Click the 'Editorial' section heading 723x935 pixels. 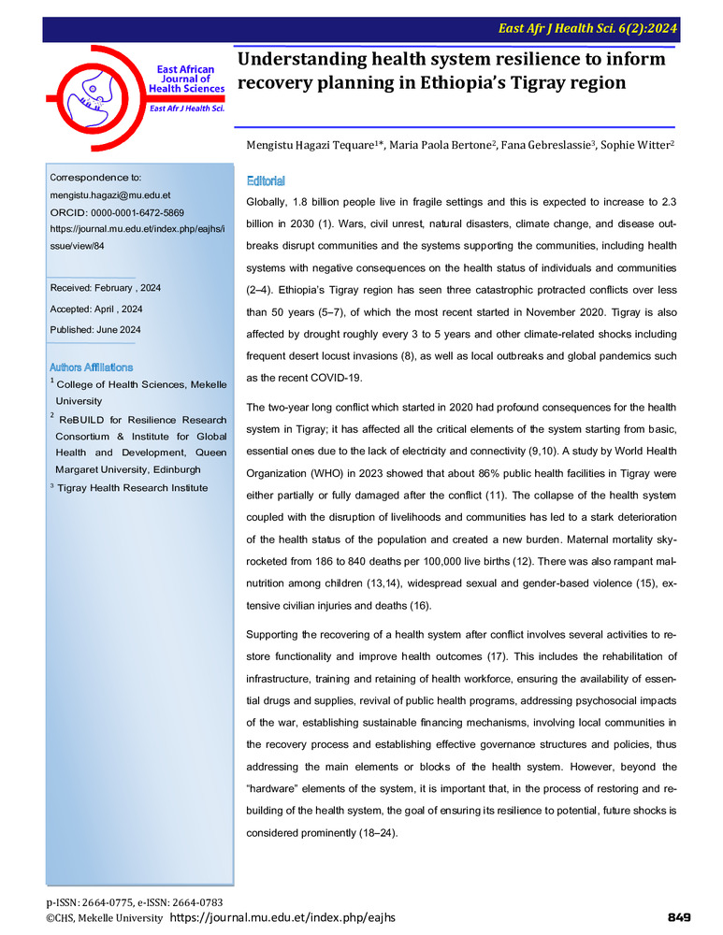coord(266,180)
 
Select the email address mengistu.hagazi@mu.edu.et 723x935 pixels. coord(109,195)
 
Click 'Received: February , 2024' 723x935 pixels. coord(106,288)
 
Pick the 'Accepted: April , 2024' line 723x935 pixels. coord(97,309)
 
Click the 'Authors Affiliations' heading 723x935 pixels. coord(91,367)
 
